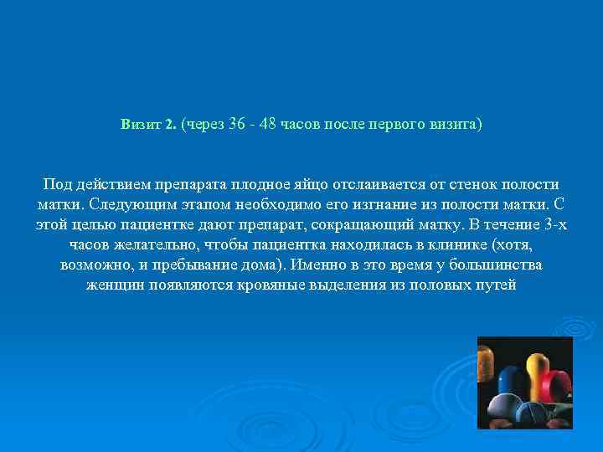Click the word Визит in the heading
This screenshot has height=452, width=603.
coord(141,125)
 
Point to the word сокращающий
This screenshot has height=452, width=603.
coord(354,224)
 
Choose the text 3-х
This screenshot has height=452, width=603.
coord(554,224)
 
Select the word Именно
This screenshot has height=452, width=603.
coord(324,265)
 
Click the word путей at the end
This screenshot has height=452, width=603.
coord(498,285)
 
